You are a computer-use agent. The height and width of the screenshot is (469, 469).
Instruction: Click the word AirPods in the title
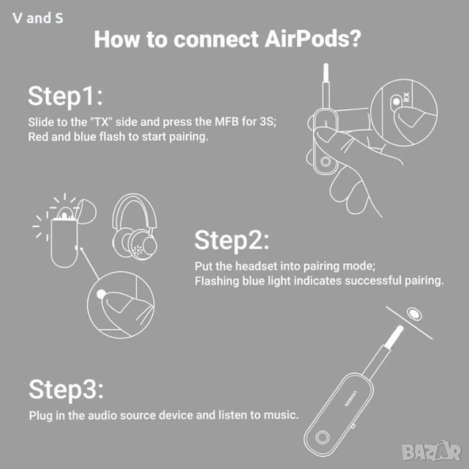coord(313,39)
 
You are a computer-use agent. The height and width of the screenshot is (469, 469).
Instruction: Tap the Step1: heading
coord(65,96)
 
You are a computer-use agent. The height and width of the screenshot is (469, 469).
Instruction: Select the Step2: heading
coord(232,240)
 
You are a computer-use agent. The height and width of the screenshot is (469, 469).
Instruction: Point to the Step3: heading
coord(66,390)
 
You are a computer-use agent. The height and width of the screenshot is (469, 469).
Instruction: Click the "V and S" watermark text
coord(38,18)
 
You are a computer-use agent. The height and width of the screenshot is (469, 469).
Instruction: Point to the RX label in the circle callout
coord(406,96)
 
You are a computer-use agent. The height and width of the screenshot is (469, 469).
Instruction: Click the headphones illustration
coord(134,227)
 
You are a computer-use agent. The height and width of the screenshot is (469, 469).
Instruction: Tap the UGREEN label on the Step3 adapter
coord(350,398)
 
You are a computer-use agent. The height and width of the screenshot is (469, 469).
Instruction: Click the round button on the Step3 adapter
coord(322,437)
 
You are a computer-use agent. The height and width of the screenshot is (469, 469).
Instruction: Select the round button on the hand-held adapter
coord(325,161)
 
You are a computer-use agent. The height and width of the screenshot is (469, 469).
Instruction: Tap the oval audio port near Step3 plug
coord(414,313)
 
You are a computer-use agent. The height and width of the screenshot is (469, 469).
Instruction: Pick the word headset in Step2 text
coord(257,266)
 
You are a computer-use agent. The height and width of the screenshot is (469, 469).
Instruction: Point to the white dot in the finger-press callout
coord(101,294)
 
